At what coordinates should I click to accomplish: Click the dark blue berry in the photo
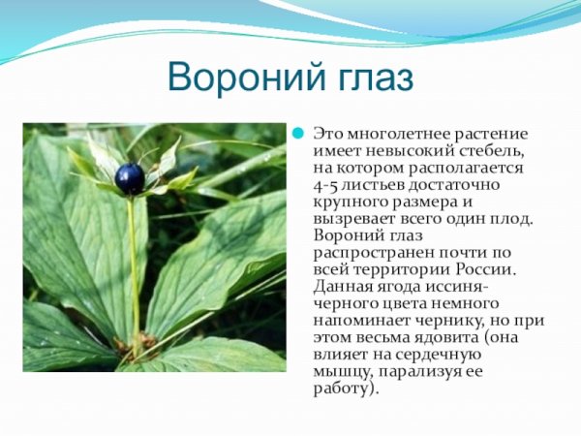coord(129,177)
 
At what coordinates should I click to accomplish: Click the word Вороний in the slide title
coord(233,77)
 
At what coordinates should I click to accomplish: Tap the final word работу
coord(344,389)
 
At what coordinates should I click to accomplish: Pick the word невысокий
coord(393,151)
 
